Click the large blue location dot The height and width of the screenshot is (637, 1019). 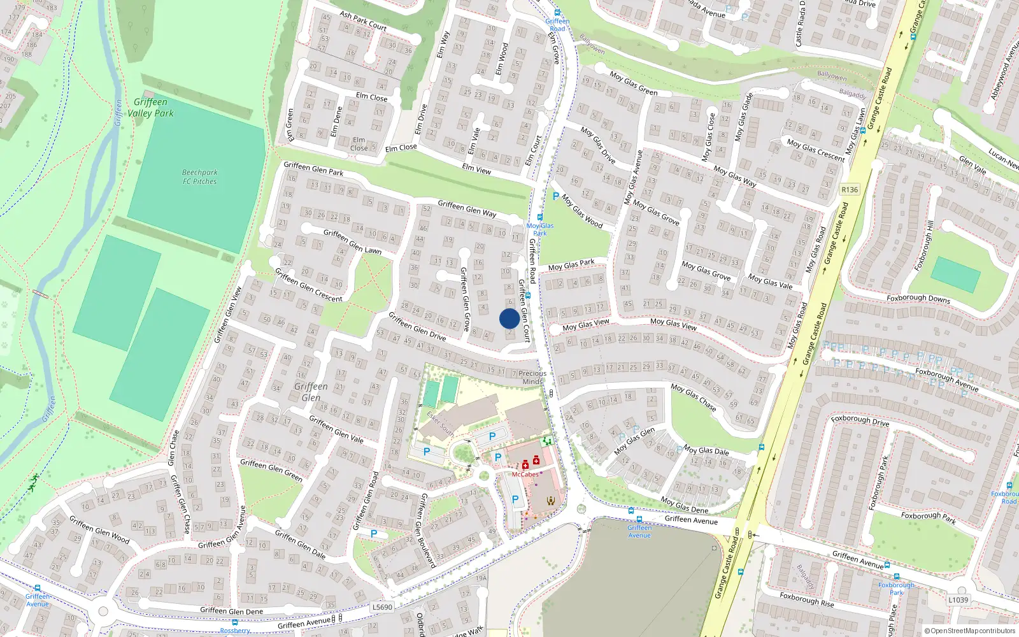[509, 318]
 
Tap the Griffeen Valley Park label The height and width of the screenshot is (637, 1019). [150, 108]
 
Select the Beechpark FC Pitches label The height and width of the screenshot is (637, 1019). [199, 177]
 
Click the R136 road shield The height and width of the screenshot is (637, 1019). [850, 189]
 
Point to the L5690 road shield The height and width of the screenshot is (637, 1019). [382, 607]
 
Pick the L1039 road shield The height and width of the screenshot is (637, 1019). [958, 599]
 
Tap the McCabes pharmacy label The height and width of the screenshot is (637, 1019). [525, 474]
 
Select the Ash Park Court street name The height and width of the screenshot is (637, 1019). [363, 20]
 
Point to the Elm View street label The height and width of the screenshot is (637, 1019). [476, 169]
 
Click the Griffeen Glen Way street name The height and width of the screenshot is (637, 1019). [467, 208]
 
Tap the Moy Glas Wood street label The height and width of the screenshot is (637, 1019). [581, 211]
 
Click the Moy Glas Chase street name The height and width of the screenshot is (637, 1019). [693, 396]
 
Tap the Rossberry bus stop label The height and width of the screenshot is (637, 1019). [235, 631]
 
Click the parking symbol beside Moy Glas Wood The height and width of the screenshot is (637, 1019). [555, 197]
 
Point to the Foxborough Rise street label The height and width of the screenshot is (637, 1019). [806, 599]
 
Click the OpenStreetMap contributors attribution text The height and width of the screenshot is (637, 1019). [969, 631]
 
